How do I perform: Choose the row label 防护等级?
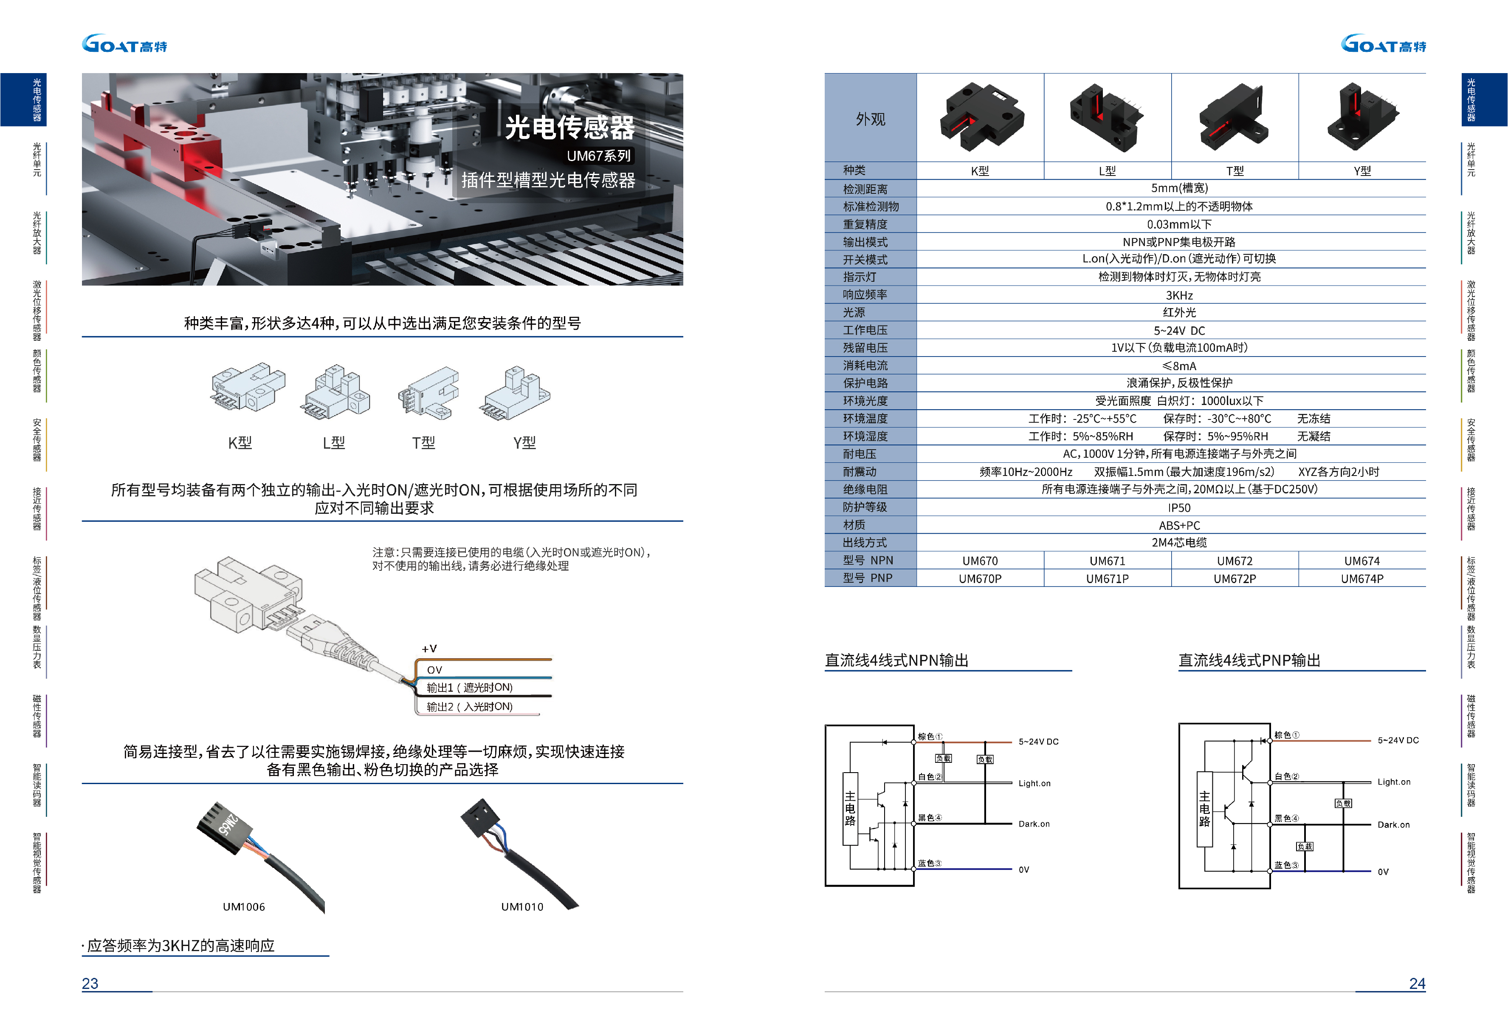(x=865, y=507)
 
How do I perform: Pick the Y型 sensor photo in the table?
(x=1362, y=117)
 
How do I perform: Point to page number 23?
(x=90, y=983)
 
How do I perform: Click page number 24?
(x=1417, y=983)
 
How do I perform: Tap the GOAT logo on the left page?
(x=124, y=44)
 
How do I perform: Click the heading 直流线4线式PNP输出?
(x=1249, y=660)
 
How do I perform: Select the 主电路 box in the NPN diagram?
(x=850, y=808)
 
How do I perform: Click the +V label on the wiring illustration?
(x=429, y=649)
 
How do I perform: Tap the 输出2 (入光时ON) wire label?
(x=469, y=706)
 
